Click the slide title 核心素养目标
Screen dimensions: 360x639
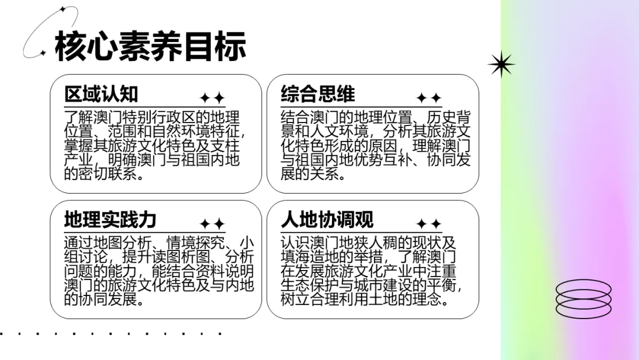pyautogui.click(x=150, y=47)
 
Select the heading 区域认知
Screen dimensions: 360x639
pyautogui.click(x=101, y=94)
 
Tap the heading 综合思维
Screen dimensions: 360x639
pyautogui.click(x=318, y=94)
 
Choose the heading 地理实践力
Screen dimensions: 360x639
pyautogui.click(x=110, y=220)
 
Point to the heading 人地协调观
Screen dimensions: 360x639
pyautogui.click(x=327, y=220)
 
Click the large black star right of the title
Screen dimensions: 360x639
pyautogui.click(x=501, y=64)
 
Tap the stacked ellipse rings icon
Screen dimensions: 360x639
pyautogui.click(x=583, y=298)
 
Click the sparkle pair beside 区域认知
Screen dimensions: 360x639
pyautogui.click(x=212, y=98)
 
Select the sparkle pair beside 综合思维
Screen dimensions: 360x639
pyautogui.click(x=429, y=98)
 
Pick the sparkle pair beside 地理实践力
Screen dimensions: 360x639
pyautogui.click(x=212, y=224)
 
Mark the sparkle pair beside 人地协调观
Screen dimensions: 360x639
pyautogui.click(x=429, y=224)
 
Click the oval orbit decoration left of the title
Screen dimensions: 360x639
pyautogui.click(x=50, y=32)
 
